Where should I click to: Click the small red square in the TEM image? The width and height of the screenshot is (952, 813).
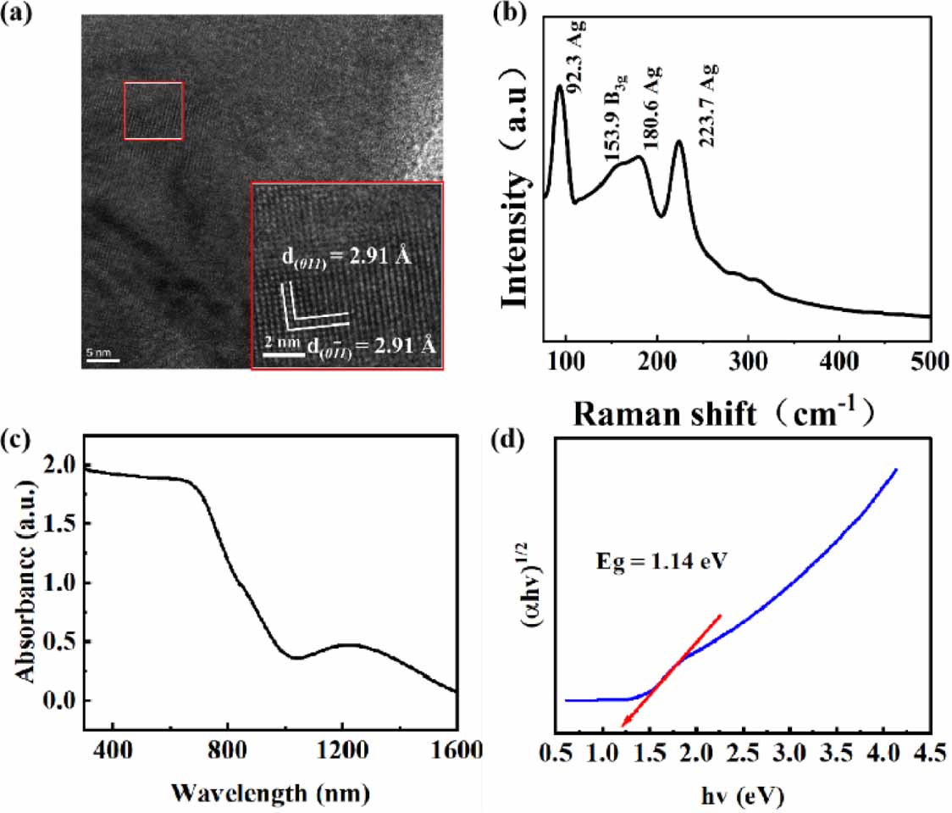(153, 110)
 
